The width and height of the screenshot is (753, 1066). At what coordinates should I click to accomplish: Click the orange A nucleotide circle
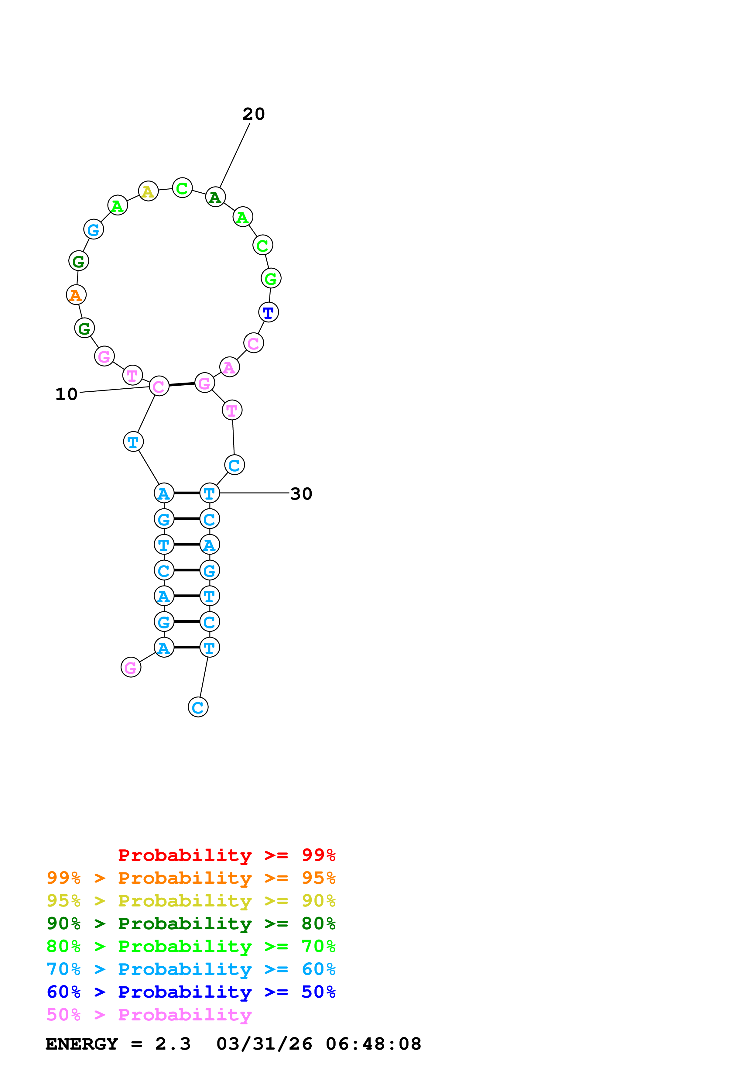76,295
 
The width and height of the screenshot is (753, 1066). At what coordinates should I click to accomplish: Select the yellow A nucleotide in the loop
149,191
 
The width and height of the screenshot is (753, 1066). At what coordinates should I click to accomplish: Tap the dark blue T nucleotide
269,312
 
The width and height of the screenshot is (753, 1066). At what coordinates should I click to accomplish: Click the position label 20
253,114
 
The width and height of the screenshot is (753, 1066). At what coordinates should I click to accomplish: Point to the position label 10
66,394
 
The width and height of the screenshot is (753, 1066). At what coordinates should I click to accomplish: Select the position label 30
301,493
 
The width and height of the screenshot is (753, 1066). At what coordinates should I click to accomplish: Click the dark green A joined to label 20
216,197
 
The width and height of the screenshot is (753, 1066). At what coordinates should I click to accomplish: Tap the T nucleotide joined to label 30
210,493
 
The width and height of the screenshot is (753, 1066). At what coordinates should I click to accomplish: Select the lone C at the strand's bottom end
198,707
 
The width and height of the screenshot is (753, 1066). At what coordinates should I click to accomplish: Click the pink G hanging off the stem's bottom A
131,668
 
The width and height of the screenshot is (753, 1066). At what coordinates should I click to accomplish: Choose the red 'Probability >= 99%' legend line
227,855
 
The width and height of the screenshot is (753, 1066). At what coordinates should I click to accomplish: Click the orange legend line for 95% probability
191,878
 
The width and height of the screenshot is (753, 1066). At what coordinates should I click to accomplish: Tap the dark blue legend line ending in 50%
191,992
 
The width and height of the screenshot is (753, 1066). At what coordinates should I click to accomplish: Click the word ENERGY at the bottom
82,1044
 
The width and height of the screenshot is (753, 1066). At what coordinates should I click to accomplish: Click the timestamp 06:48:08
374,1044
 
